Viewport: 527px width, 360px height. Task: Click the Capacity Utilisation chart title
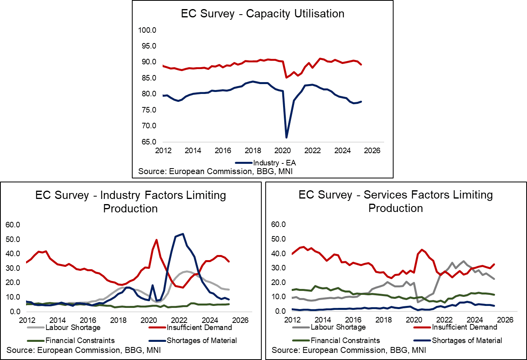263,13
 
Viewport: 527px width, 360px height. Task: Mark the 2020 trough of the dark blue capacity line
287,137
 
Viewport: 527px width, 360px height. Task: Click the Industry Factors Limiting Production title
130,201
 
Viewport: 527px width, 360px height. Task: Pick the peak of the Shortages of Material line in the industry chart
182,234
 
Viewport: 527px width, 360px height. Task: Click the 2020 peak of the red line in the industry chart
157,240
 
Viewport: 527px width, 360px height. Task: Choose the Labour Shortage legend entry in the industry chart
73,327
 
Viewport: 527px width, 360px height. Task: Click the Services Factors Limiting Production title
396,201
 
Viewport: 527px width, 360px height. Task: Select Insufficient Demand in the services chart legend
464,327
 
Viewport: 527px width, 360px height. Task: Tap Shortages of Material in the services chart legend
467,340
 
